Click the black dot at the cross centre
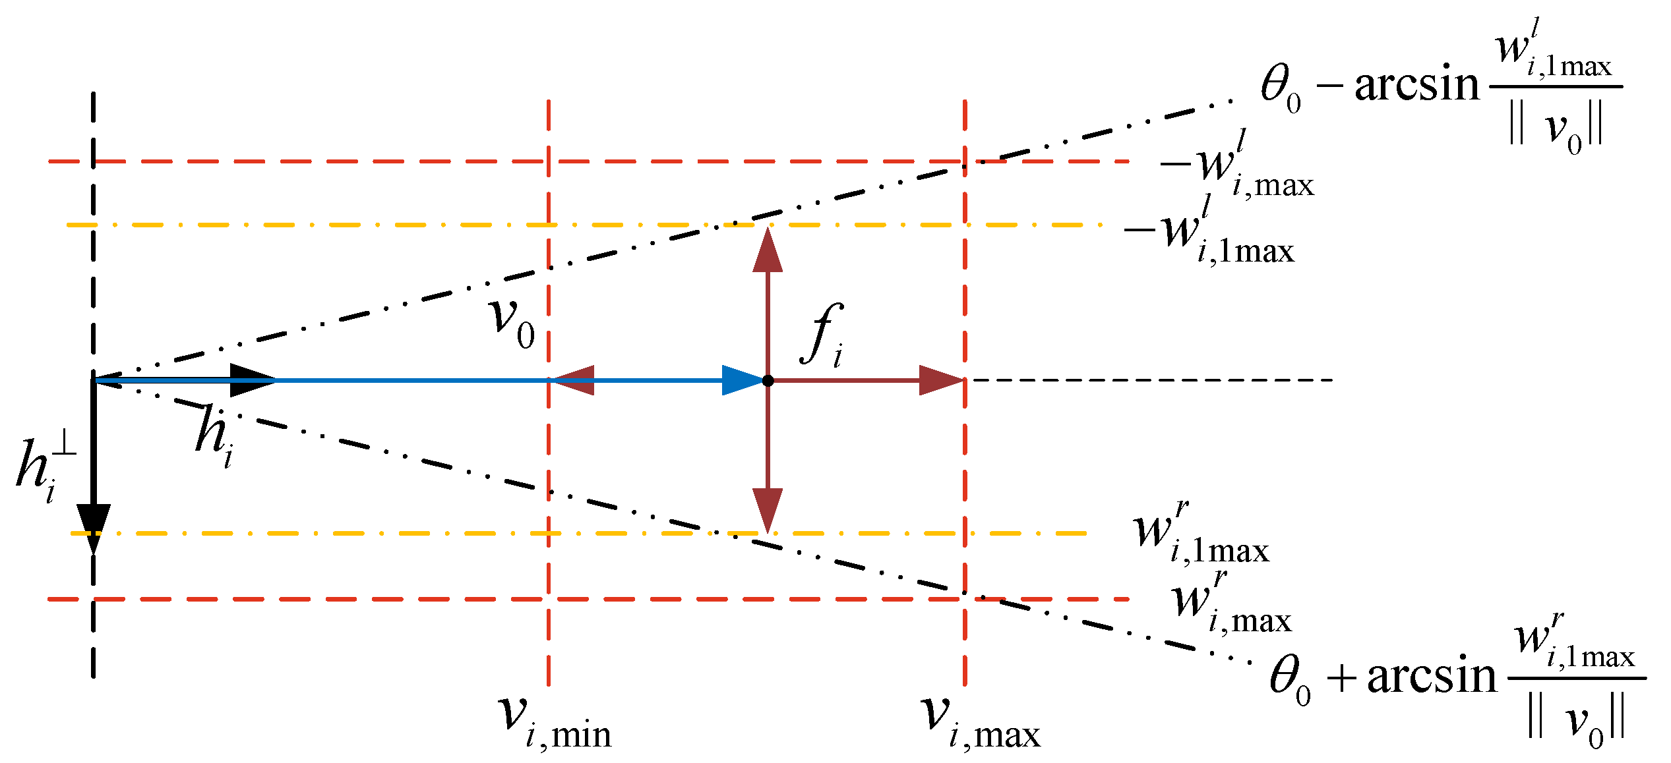[768, 380]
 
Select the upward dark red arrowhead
[768, 250]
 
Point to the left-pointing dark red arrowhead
[572, 380]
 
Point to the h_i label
[214, 435]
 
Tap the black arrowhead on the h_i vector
[254, 380]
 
